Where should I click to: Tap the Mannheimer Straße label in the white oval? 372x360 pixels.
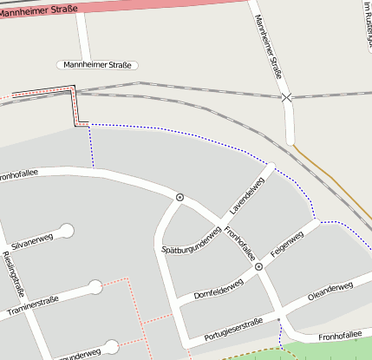(x=97, y=65)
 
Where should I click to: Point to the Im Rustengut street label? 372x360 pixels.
(x=366, y=23)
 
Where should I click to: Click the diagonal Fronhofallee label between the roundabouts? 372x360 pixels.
(x=239, y=243)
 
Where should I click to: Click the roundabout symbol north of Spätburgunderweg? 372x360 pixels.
(x=180, y=198)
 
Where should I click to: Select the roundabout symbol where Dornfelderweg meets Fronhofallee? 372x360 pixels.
(x=258, y=268)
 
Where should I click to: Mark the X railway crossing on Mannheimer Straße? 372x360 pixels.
(x=286, y=98)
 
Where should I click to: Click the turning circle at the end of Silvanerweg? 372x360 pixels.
(x=66, y=231)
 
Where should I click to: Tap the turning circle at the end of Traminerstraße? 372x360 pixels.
(x=95, y=287)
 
